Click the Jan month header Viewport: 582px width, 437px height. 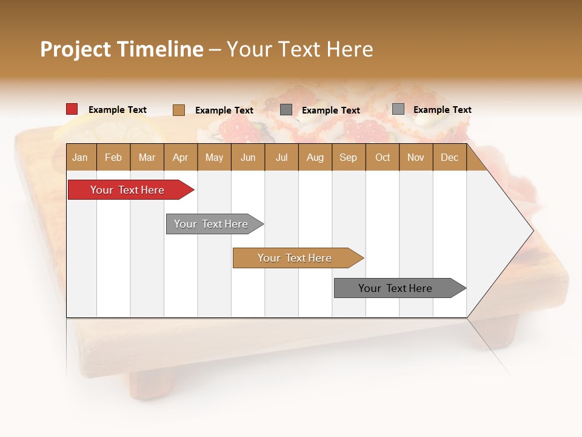click(80, 157)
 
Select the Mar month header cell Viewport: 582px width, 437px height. click(147, 157)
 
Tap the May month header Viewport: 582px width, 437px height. click(214, 157)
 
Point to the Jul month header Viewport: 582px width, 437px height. click(281, 157)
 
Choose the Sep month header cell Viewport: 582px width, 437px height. click(348, 157)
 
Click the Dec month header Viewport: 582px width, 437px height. click(449, 157)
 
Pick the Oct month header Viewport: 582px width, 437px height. click(383, 157)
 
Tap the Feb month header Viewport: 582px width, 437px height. click(113, 157)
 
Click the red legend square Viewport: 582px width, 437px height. click(72, 109)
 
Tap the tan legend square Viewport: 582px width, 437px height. click(178, 110)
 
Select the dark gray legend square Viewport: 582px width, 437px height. click(286, 110)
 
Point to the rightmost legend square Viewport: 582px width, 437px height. click(398, 109)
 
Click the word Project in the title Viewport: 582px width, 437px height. click(75, 49)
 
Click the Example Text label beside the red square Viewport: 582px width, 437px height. click(118, 110)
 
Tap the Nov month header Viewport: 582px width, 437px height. click(416, 157)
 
